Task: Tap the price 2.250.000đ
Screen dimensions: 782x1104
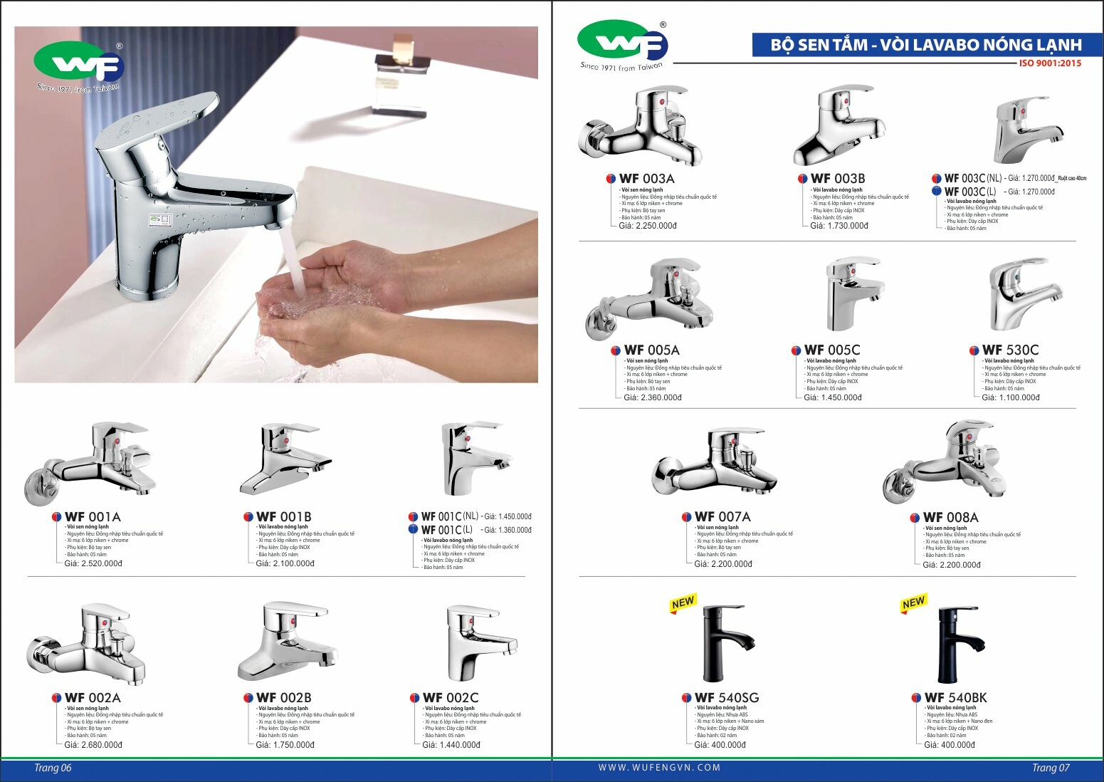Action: tap(648, 226)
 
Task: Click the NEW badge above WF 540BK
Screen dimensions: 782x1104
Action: tap(913, 603)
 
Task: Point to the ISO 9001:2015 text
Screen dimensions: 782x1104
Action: tap(1050, 63)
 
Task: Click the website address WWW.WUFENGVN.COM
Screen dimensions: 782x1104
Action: tap(659, 768)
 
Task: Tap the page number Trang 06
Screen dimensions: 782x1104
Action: tap(53, 768)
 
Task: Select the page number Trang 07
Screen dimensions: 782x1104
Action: tap(1051, 768)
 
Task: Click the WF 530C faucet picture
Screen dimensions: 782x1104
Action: tap(1024, 293)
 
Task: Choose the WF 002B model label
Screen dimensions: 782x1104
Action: tap(283, 698)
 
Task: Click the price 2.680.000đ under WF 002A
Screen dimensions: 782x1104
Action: tap(93, 745)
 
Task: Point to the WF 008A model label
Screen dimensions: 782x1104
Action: tap(950, 518)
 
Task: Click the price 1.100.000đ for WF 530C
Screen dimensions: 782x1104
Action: tap(1011, 397)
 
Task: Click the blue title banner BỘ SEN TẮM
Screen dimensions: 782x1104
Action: tap(926, 45)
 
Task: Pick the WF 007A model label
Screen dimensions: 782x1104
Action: tap(722, 517)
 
